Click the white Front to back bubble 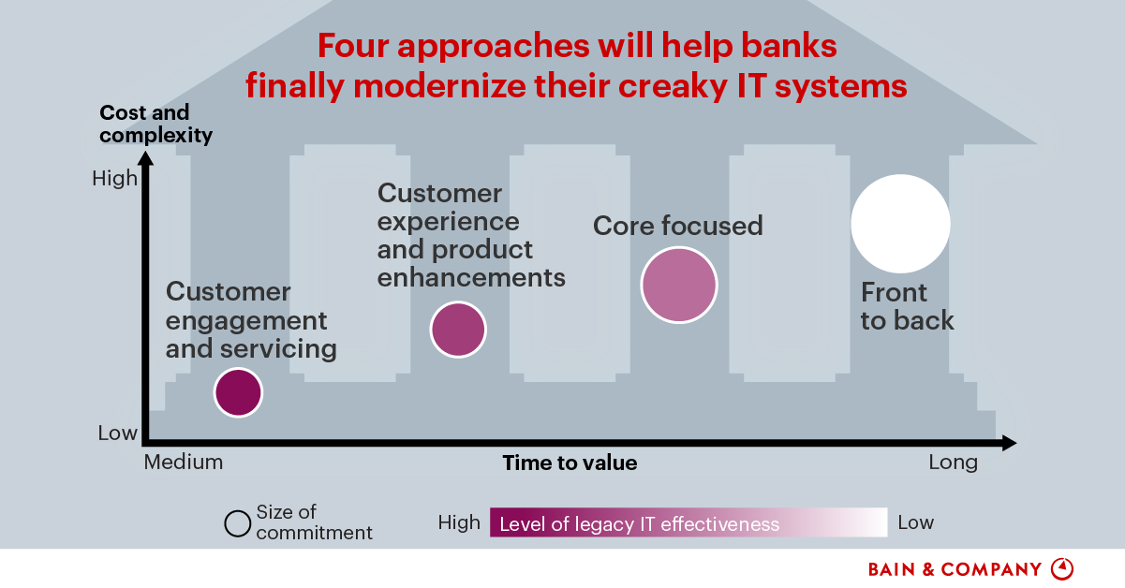coord(900,224)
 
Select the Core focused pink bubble coord(679,285)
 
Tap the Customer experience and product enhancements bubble coord(458,330)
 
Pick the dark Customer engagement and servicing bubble coord(238,391)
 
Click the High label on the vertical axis coord(114,178)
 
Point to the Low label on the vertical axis coord(117,434)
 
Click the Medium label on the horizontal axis coord(184,463)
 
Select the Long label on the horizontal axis coord(953,463)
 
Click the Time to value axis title coord(570,463)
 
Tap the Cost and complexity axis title coord(155,125)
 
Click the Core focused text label coord(678,226)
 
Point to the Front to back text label coord(907,306)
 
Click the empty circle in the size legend coord(238,523)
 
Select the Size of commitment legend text coord(313,522)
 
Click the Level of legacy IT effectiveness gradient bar coord(688,522)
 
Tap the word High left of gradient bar coord(459,522)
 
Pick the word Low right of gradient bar coord(915,522)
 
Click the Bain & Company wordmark coord(955,569)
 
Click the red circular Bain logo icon coord(1062,568)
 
